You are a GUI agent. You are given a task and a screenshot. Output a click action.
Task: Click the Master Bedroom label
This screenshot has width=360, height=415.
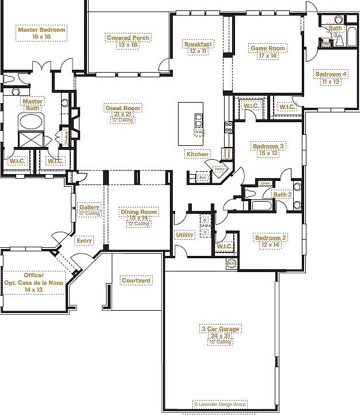point(41,29)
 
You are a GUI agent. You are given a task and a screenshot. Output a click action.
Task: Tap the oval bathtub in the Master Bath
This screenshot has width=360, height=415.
point(31,122)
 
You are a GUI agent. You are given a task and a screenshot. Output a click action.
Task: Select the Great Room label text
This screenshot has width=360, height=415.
point(123,108)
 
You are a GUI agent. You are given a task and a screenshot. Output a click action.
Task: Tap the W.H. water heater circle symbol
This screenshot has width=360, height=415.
point(232,263)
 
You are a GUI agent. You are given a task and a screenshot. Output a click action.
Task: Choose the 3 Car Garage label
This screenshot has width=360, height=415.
point(219,329)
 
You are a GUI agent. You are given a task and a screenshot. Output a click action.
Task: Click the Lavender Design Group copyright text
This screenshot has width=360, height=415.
point(219,405)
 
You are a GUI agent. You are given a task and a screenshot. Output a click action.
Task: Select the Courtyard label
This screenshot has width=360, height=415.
point(136,281)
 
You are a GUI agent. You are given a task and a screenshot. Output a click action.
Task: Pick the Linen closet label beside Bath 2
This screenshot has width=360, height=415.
point(264,183)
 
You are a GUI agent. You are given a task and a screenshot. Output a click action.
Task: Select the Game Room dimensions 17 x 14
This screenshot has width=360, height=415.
point(268,56)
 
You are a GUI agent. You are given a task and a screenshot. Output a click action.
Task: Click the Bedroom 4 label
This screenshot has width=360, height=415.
point(330,74)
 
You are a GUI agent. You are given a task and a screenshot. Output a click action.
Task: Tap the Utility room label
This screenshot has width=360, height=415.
point(184,235)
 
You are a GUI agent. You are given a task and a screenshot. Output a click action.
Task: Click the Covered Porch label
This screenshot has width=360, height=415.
point(128,38)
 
